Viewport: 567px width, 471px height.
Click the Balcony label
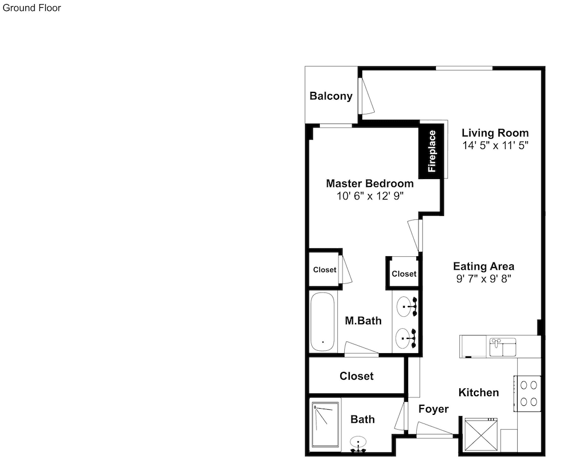331,96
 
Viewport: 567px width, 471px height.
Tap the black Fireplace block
431,151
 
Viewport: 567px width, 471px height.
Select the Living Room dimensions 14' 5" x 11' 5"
496,145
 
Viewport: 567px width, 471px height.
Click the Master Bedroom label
370,183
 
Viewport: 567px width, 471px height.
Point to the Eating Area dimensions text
484,279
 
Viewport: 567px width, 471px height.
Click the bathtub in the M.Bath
323,322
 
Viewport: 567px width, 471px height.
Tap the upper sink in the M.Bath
407,307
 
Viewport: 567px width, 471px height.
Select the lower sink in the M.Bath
406,338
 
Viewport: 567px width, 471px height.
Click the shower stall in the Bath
325,425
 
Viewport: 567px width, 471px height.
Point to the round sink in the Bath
358,443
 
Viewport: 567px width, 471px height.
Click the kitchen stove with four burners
527,393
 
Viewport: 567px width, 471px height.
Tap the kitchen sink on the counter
502,347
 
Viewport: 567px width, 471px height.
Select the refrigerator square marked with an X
481,435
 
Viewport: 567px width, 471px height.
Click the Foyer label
434,409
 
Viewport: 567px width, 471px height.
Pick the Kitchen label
479,393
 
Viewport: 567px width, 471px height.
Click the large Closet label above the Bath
357,376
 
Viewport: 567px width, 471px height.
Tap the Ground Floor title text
32,8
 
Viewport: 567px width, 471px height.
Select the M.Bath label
363,321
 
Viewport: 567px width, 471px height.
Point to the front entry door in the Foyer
434,430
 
